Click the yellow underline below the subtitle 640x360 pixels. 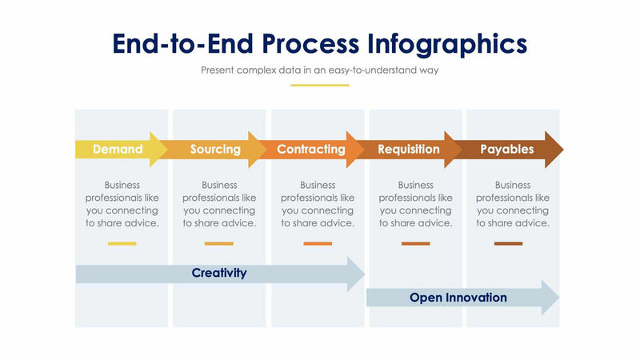pyautogui.click(x=319, y=85)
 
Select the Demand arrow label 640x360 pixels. pyautogui.click(x=118, y=149)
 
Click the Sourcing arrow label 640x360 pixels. pyautogui.click(x=215, y=149)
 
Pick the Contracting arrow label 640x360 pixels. pyautogui.click(x=311, y=149)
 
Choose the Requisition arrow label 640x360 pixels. pyautogui.click(x=409, y=149)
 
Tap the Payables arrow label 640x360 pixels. pyautogui.click(x=506, y=149)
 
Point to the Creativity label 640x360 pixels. pyautogui.click(x=219, y=273)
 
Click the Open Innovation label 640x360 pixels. pyautogui.click(x=458, y=298)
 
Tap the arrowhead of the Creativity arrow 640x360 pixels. pyautogui.click(x=356, y=274)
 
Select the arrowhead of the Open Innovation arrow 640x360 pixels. pyautogui.click(x=550, y=298)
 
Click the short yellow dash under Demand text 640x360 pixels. pyautogui.click(x=122, y=243)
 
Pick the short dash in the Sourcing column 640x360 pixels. pyautogui.click(x=218, y=243)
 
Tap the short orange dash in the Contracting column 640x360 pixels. pyautogui.click(x=318, y=243)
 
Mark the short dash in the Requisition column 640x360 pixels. pyautogui.click(x=415, y=243)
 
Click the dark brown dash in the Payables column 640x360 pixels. pyautogui.click(x=508, y=243)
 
